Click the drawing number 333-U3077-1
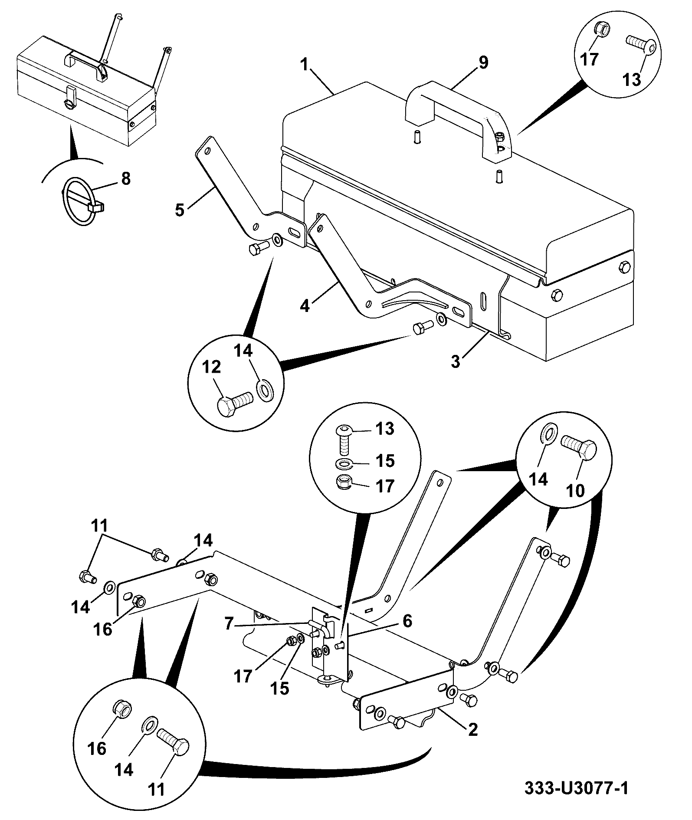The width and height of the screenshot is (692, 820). [576, 788]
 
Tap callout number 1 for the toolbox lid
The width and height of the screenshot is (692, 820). [305, 65]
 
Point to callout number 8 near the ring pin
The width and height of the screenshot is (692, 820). [125, 178]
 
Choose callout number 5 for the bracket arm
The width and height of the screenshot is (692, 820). [180, 210]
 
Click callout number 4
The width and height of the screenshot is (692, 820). [305, 306]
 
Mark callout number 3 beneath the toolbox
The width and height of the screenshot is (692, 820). [455, 362]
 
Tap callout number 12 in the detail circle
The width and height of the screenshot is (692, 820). [211, 367]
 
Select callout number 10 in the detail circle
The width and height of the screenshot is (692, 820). [576, 490]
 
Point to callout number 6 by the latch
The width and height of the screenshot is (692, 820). [407, 621]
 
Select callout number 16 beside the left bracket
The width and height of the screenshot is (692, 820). [103, 629]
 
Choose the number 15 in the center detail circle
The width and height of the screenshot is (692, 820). [385, 461]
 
